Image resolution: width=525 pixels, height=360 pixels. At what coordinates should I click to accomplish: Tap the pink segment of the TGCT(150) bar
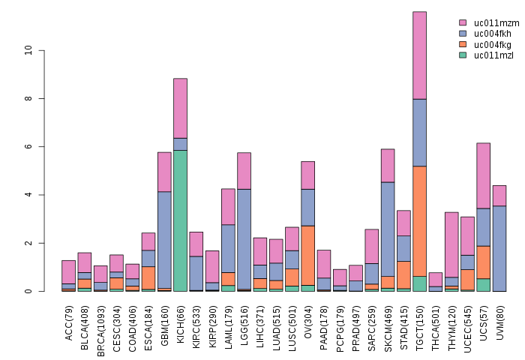point(420,55)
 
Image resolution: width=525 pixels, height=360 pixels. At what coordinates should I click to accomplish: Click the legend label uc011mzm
point(492,23)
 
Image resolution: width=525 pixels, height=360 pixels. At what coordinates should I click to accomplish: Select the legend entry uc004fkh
point(492,34)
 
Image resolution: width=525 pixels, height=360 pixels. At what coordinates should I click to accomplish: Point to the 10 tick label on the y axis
point(28,50)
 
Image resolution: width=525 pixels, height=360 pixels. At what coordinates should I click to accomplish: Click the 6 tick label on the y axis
point(28,147)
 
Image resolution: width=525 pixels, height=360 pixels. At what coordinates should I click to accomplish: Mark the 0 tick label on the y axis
point(28,291)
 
